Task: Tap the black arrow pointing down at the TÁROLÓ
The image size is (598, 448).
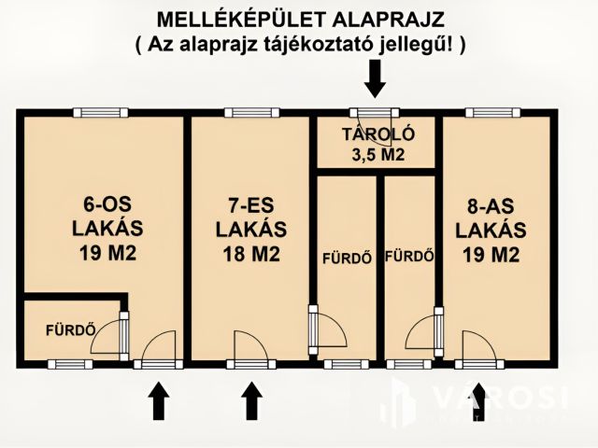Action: pos(375,78)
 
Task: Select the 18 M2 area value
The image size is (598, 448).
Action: pos(250,253)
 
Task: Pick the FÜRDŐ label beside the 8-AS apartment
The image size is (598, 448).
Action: pos(410,255)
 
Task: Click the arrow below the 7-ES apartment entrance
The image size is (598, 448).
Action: pos(250,402)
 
